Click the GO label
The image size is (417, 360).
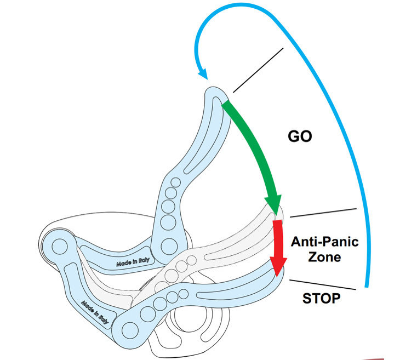300,136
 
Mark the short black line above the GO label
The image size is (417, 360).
258,70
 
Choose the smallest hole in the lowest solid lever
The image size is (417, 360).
181,294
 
